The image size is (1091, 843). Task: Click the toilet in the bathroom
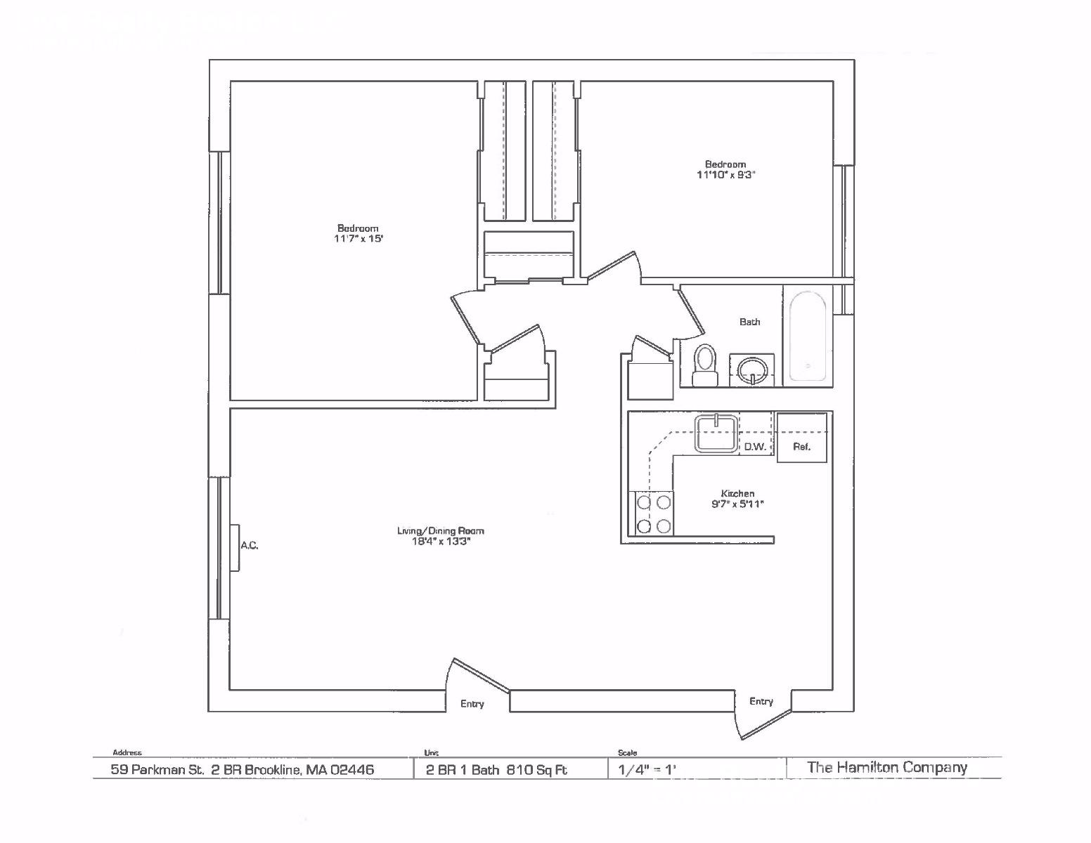[704, 365]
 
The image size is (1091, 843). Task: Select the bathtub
[808, 336]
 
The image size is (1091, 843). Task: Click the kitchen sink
[716, 433]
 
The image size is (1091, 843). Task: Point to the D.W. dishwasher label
[754, 447]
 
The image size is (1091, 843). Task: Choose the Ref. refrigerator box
[802, 437]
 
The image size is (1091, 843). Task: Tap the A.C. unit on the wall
[235, 548]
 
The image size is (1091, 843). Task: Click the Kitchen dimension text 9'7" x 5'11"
[737, 504]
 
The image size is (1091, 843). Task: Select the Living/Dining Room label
[440, 530]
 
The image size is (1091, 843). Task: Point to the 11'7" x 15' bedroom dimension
[359, 239]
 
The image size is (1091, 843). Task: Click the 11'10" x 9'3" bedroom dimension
[725, 174]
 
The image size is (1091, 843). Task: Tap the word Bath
[749, 322]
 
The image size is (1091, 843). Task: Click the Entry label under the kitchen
[761, 701]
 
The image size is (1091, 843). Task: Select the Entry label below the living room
[472, 704]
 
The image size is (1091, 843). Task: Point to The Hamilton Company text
[886, 767]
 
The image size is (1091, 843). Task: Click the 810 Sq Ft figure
[537, 769]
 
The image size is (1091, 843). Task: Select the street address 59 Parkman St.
[157, 769]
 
